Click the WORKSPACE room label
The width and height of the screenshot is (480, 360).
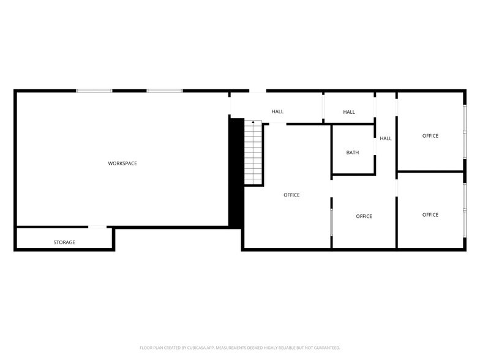click(x=122, y=163)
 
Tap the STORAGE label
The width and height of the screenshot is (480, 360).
click(x=64, y=242)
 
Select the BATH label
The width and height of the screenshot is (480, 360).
click(x=353, y=152)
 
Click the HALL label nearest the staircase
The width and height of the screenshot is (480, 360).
click(x=278, y=111)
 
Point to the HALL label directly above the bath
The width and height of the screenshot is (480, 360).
click(x=349, y=112)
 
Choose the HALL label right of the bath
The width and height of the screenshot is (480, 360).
click(x=386, y=138)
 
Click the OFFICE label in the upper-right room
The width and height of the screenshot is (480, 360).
click(x=430, y=136)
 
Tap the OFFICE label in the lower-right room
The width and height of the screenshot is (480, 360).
click(x=430, y=215)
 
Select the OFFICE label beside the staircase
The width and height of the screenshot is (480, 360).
click(x=291, y=195)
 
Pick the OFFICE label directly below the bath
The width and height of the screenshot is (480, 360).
click(x=364, y=216)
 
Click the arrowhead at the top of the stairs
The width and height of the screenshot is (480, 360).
click(x=253, y=122)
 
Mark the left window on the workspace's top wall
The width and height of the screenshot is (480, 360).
click(x=94, y=91)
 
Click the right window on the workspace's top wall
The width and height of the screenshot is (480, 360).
click(x=165, y=91)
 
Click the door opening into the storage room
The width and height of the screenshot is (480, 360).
click(x=97, y=227)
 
